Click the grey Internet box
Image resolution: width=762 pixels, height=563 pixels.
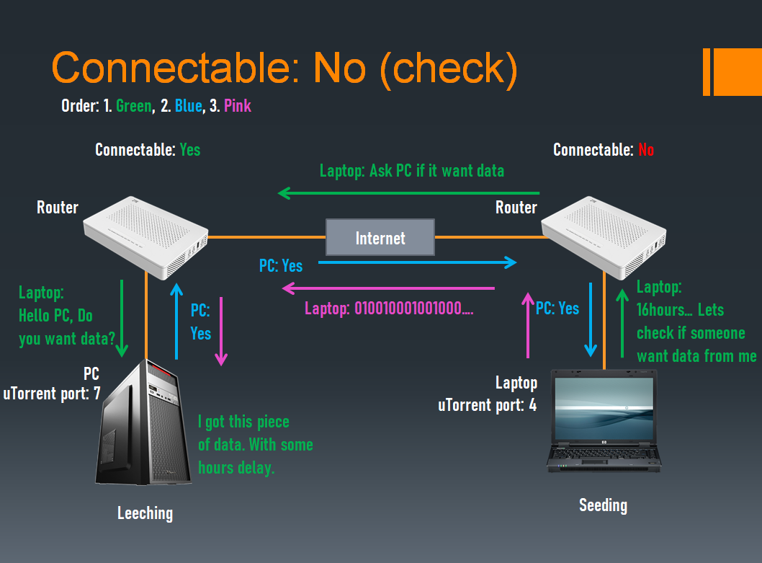pos(380,238)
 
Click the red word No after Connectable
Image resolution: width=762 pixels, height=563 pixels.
pos(645,150)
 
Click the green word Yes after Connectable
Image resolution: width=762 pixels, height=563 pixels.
pos(190,150)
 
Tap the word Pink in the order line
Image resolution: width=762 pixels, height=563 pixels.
pos(238,106)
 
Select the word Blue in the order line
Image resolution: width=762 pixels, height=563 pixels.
pos(188,106)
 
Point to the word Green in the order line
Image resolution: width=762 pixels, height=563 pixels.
pos(134,106)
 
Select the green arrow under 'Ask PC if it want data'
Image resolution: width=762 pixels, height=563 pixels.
pos(408,193)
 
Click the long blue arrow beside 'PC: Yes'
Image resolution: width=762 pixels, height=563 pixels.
pos(418,262)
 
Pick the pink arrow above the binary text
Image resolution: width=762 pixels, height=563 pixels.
pos(389,288)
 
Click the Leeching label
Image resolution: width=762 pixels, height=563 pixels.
pos(145,513)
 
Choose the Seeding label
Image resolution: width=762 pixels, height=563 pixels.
pos(603,505)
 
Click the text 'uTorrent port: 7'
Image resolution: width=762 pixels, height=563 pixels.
pos(52,394)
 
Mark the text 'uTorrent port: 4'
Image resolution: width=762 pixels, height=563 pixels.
pos(487,405)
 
